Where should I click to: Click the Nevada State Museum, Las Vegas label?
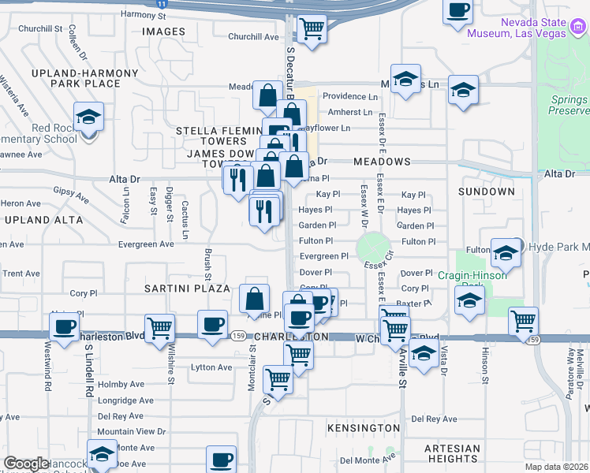click(517, 28)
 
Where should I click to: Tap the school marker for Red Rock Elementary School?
click(89, 119)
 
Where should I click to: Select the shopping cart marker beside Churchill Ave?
click(312, 31)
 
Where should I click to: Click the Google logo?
click(26, 464)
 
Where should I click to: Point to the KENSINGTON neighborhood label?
click(363, 427)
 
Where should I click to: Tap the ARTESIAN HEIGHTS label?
click(451, 453)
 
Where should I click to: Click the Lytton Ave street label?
click(213, 367)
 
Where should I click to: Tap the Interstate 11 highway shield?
click(162, 4)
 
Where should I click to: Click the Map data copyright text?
click(557, 467)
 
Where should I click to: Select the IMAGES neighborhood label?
click(163, 32)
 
